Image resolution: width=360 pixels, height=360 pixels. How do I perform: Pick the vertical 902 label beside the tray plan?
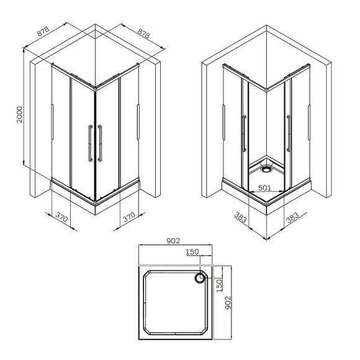point(228,302)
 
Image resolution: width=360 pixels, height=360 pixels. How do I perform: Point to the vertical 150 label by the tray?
point(219,286)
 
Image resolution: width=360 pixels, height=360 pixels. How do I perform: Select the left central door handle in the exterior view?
point(91,144)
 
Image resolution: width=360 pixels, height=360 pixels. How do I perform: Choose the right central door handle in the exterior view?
point(99,144)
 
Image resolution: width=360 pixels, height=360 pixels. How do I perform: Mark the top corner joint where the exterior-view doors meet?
point(94,89)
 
